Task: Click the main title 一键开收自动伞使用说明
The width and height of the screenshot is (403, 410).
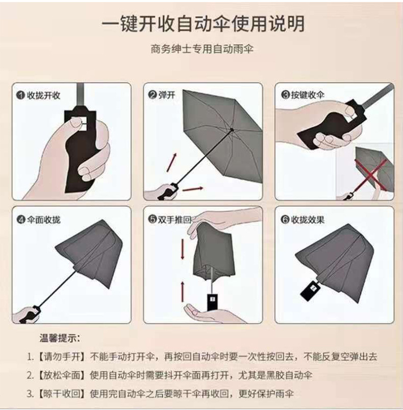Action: (202, 23)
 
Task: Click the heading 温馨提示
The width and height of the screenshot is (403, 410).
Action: (60, 339)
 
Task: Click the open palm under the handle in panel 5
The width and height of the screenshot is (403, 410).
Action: (207, 311)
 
